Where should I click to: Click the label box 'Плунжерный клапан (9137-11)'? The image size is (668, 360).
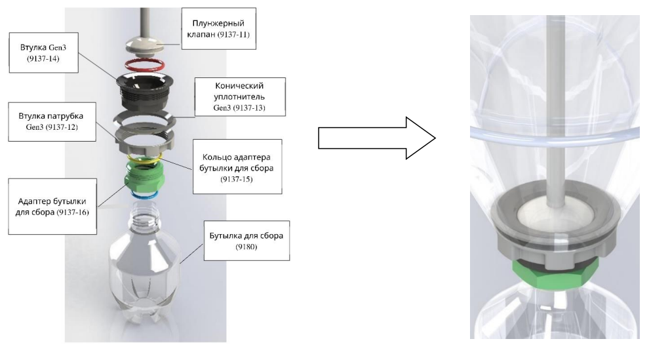click(x=218, y=29)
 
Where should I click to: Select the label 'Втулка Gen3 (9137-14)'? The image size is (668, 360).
click(x=43, y=52)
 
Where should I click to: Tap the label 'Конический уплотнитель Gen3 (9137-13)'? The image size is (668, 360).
click(x=240, y=96)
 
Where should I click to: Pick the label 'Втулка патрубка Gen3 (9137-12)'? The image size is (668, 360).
click(x=52, y=121)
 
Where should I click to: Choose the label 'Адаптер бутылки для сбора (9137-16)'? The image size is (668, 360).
click(x=52, y=206)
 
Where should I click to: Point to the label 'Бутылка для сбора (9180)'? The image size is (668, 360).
click(x=246, y=241)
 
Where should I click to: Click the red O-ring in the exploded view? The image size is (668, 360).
click(x=144, y=65)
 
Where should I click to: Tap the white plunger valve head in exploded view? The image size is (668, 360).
click(x=145, y=45)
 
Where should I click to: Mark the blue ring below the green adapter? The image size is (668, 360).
click(x=144, y=195)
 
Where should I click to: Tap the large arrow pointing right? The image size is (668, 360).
click(x=376, y=138)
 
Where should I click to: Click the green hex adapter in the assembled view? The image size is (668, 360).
click(x=555, y=275)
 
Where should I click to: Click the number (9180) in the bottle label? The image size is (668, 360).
click(x=246, y=247)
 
